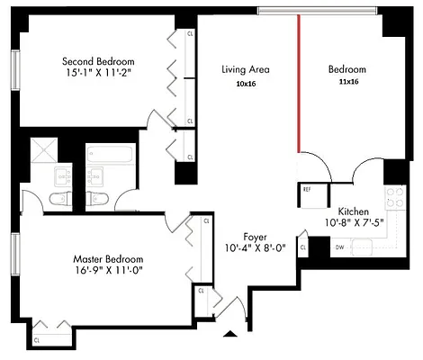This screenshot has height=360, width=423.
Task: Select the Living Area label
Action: (x=246, y=69)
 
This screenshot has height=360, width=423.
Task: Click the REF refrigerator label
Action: (x=308, y=190)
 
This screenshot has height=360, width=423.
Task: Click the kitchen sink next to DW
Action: (x=365, y=245)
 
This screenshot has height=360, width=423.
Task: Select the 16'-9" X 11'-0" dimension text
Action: (x=108, y=270)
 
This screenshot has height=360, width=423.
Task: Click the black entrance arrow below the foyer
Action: (x=230, y=334)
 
